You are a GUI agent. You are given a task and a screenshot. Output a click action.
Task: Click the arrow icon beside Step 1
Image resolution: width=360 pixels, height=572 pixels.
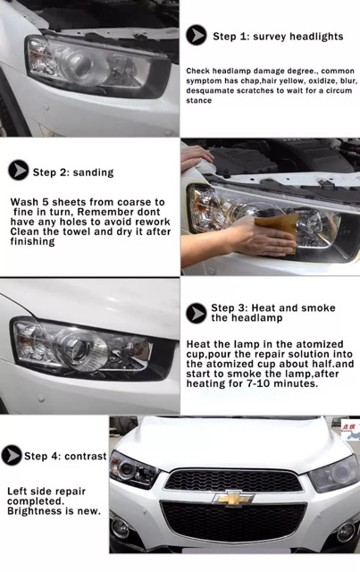[x=197, y=36]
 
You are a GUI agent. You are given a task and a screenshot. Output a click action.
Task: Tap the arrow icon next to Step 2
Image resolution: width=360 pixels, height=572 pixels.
[x=18, y=171]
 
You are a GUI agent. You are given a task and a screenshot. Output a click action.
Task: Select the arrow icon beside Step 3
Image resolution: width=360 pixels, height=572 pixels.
[x=197, y=313]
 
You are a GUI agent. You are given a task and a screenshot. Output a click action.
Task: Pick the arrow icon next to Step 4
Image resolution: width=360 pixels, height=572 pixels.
[x=12, y=456]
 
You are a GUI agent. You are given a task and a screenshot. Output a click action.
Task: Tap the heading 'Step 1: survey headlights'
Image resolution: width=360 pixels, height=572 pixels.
[x=278, y=37]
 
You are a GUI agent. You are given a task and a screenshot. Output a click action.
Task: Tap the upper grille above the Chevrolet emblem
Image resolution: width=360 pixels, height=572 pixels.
[x=233, y=478]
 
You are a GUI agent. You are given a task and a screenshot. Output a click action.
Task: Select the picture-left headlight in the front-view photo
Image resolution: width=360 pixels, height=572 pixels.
[x=134, y=467]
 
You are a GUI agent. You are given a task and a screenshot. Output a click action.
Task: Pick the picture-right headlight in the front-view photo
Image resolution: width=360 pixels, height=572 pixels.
[x=334, y=470]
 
